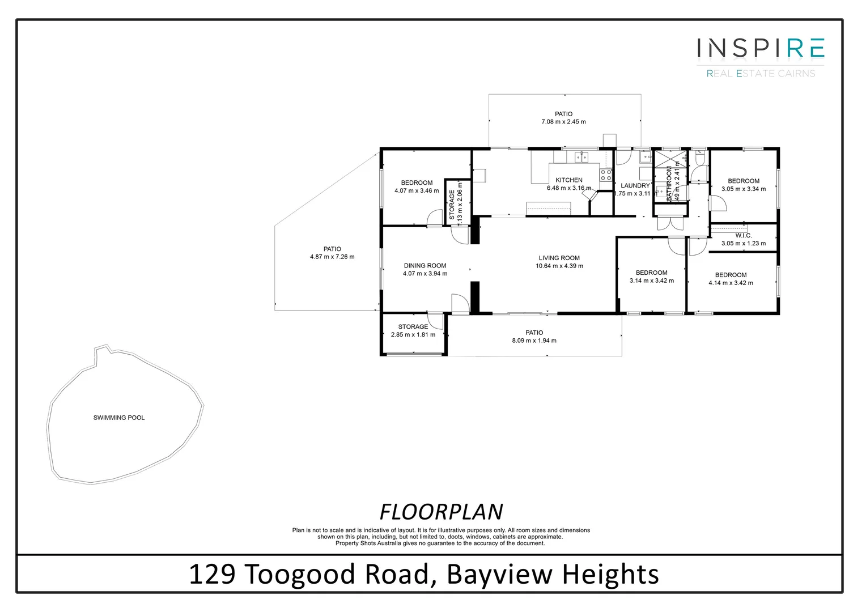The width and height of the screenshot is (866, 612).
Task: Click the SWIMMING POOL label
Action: (x=119, y=418)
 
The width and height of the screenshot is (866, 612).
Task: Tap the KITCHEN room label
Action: (x=568, y=180)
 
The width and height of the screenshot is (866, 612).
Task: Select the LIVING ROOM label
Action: (x=559, y=258)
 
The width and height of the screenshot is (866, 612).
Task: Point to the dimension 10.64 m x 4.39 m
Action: (x=559, y=266)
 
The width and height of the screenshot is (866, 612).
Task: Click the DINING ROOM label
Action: (x=424, y=265)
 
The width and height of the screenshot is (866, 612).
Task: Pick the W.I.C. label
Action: (x=743, y=235)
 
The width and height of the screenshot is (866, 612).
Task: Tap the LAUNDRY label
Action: (x=635, y=185)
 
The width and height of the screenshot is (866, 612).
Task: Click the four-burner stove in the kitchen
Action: (x=606, y=175)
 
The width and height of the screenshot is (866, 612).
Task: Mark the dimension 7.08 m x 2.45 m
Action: (x=563, y=122)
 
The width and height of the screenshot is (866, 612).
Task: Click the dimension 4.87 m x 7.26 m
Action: (x=332, y=257)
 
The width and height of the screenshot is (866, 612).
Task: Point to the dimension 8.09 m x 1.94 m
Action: (x=534, y=341)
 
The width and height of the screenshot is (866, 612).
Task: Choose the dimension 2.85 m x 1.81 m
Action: (x=413, y=334)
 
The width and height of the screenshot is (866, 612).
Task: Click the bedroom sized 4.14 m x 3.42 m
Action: (x=731, y=279)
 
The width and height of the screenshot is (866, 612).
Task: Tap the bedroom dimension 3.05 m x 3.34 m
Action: (x=743, y=189)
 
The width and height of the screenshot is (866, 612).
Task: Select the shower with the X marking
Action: (x=670, y=158)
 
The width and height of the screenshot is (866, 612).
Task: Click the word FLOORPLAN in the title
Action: (x=441, y=512)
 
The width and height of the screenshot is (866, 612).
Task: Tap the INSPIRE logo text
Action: (x=760, y=48)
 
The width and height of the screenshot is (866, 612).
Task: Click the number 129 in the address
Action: (x=212, y=574)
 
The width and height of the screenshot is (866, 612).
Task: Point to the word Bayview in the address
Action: (x=499, y=574)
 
